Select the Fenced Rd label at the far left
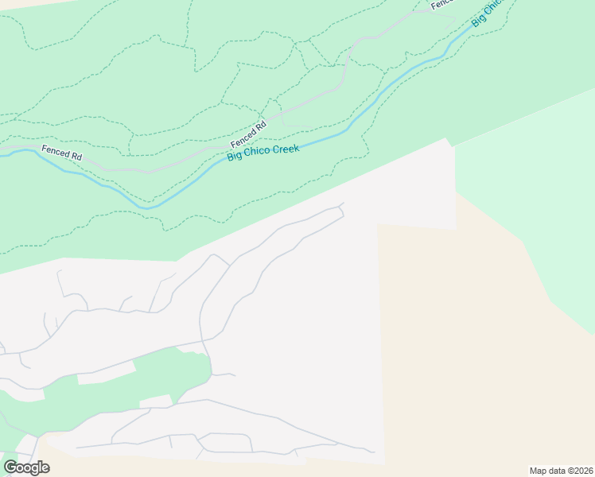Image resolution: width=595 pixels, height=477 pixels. [62, 153]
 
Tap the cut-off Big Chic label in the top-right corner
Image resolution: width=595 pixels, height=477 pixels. [488, 14]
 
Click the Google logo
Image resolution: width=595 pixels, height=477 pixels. [26, 467]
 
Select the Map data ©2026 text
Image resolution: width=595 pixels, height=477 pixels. [561, 471]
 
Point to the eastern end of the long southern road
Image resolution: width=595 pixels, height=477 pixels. [371, 451]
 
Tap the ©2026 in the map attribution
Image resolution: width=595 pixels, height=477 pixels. [578, 471]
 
